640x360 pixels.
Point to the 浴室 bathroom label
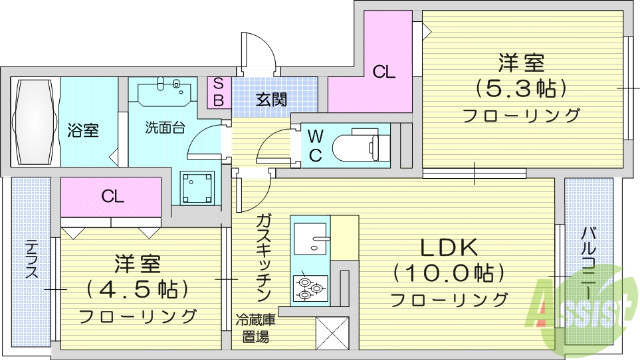coord(83,129)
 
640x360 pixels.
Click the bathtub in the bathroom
coord(35,122)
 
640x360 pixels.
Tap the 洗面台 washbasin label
coord(163,128)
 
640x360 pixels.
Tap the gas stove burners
coord(308,290)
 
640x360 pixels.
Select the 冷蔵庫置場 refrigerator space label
coord(258,329)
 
